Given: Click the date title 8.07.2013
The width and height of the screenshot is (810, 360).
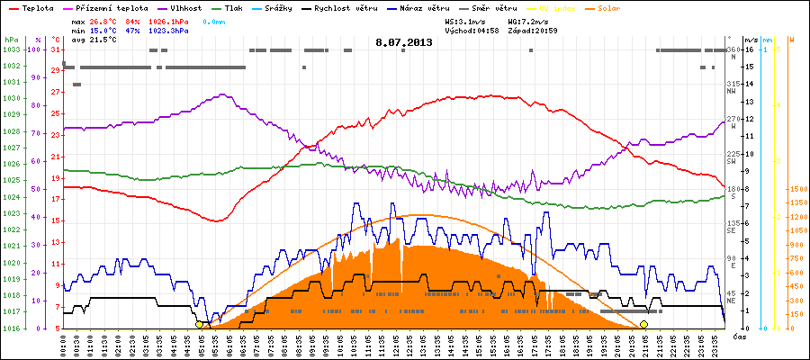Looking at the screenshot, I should (404, 40).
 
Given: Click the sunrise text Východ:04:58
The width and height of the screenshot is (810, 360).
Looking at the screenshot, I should (472, 30).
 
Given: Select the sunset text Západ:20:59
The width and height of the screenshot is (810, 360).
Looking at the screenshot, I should (533, 30).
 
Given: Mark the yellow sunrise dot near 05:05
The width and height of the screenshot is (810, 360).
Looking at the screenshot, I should (199, 324).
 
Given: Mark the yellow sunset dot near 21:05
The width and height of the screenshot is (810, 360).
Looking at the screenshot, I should (643, 324).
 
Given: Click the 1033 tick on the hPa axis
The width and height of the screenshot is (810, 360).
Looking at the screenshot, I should (11, 49).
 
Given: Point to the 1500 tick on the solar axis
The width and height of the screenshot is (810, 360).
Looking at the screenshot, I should (797, 189).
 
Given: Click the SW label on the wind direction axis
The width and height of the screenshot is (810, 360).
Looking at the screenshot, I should (732, 160).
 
